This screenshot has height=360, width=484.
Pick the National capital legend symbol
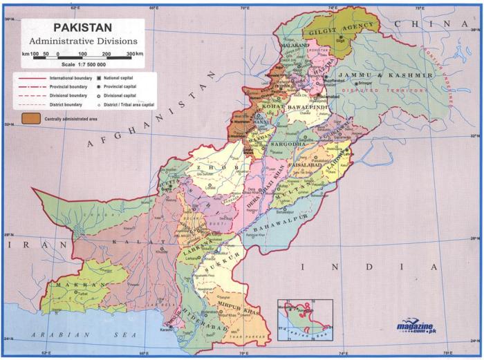click(x=99, y=79)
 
